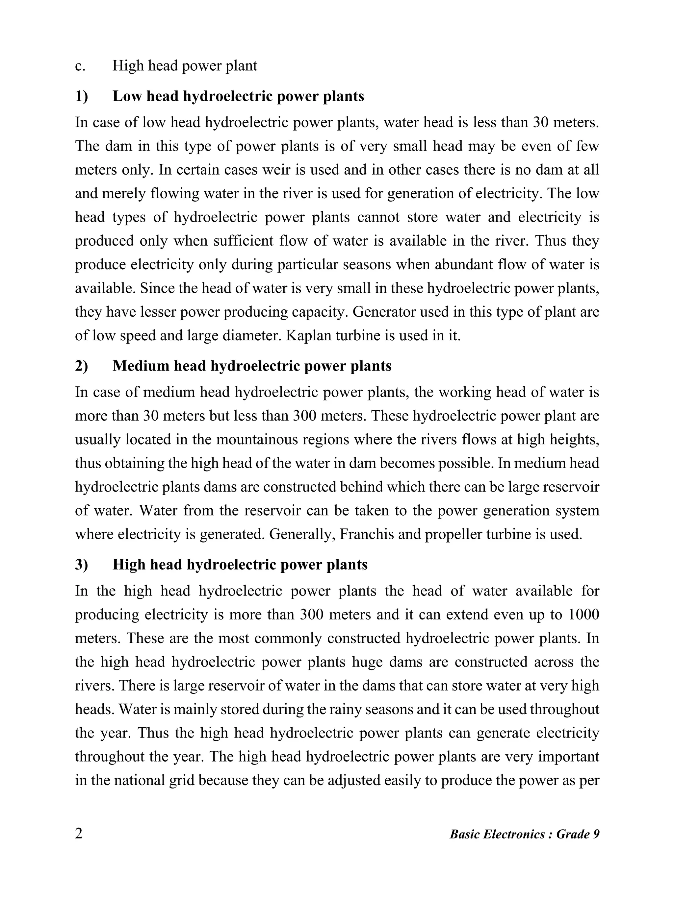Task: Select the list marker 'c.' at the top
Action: [80, 66]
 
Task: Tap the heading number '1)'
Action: [81, 97]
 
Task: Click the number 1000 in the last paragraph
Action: [583, 615]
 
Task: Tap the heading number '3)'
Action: [81, 565]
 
